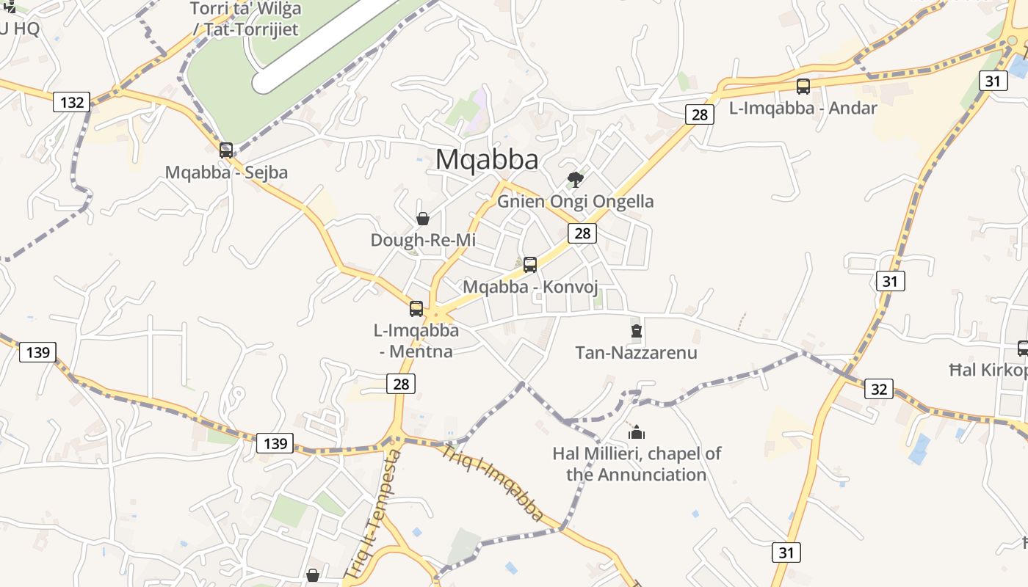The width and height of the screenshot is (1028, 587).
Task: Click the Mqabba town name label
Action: [x=487, y=159]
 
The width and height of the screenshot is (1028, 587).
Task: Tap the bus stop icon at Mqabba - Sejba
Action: [x=226, y=150]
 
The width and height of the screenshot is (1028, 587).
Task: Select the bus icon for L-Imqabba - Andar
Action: [x=803, y=87]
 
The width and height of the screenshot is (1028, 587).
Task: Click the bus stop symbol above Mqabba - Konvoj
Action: [x=530, y=265]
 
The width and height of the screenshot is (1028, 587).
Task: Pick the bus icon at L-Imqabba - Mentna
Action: [x=416, y=309]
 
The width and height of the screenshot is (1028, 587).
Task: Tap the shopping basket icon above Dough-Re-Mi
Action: [x=423, y=219]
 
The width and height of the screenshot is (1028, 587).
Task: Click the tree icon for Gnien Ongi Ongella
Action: [x=576, y=179]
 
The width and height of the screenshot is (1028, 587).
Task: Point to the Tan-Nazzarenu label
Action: [x=636, y=353]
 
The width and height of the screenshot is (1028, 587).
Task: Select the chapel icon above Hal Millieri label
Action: [x=637, y=432]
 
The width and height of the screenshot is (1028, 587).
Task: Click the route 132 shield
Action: [x=72, y=102]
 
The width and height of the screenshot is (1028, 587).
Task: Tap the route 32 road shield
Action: [x=879, y=389]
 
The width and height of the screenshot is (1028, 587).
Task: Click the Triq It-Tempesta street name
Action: [x=373, y=514]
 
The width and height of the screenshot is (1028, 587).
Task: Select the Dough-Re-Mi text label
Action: [x=423, y=240]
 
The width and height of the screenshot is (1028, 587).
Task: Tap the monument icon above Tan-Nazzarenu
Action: [x=637, y=332]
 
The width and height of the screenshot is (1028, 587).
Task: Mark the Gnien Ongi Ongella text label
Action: [x=576, y=201]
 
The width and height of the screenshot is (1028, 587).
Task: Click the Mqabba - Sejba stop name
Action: [x=226, y=172]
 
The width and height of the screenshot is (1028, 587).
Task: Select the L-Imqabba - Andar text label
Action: [x=803, y=108]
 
